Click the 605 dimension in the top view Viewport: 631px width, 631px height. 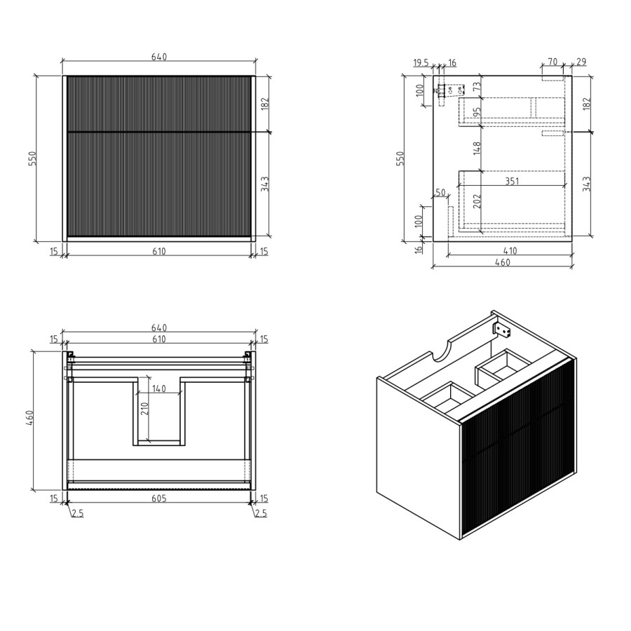pos(159,497)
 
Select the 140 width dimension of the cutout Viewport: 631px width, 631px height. pos(159,389)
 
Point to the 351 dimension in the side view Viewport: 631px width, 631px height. pos(512,180)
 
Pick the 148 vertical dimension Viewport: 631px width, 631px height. pos(477,148)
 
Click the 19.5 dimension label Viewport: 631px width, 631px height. pos(421,63)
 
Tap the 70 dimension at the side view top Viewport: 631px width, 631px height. pos(552,62)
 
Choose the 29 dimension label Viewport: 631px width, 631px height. pos(581,62)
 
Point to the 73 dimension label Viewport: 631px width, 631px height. pos(477,87)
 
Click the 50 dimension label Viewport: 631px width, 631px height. pos(440,192)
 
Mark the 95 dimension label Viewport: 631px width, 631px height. pos(477,112)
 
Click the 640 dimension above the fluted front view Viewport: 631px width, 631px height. pos(159,57)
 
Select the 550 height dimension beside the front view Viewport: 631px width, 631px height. pos(32,158)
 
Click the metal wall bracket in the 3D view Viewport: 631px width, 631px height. pos(503,329)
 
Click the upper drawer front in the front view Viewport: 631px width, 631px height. pos(159,103)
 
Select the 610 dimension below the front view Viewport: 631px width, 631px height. pos(159,252)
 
